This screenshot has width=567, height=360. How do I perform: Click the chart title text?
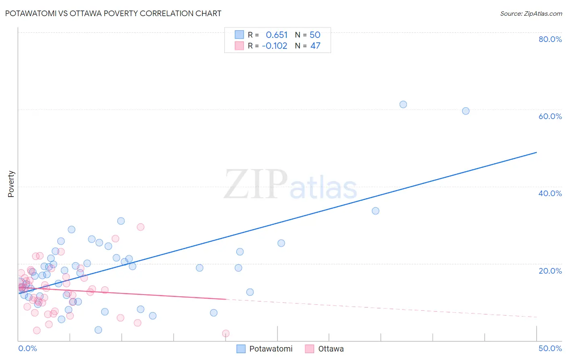tap(113, 13)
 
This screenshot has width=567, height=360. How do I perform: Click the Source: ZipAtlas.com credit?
tap(531, 13)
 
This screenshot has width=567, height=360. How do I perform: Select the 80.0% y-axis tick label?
tap(550, 39)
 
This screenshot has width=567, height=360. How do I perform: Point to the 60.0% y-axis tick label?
tap(550, 116)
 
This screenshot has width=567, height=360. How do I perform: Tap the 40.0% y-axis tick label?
tap(550, 193)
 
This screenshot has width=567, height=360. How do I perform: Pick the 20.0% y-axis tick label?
tap(550, 271)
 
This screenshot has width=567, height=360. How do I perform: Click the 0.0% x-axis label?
tap(27, 348)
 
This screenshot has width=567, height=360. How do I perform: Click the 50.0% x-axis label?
tap(550, 348)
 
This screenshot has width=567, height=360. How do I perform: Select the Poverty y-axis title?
tap(11, 184)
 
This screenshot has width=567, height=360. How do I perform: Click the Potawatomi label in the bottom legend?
tap(271, 349)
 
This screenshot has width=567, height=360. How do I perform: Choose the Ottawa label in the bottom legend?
tap(331, 349)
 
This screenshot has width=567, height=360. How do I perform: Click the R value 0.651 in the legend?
tap(277, 35)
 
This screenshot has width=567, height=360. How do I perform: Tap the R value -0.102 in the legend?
tap(275, 46)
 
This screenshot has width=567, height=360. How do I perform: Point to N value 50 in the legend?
tap(315, 35)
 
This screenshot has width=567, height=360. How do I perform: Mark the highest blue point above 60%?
tap(403, 105)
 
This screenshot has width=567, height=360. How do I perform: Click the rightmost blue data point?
tap(465, 111)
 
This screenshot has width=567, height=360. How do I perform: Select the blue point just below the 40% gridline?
tap(375, 211)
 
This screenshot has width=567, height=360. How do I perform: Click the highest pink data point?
tap(140, 227)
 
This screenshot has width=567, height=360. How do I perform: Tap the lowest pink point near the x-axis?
tap(226, 333)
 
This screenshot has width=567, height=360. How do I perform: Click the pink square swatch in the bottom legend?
tap(309, 349)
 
